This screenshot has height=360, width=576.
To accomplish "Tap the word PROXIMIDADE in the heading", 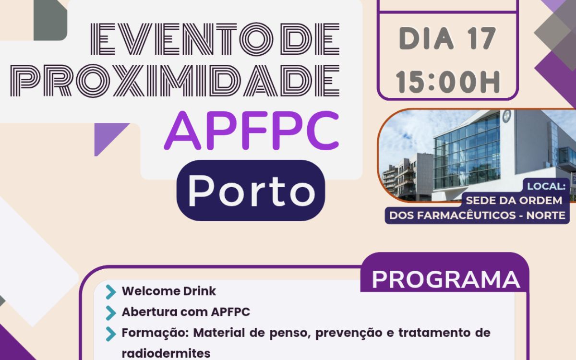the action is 175,81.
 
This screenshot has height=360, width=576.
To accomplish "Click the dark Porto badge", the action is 251,190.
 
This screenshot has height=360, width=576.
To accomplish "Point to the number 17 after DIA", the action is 481,38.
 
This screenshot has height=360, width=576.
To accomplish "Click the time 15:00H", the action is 448,82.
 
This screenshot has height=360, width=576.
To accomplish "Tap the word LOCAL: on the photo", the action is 546,186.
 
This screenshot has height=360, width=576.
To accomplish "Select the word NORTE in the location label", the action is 546,216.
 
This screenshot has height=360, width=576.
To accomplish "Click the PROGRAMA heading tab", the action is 445,279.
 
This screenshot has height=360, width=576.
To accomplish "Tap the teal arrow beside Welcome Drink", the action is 111,292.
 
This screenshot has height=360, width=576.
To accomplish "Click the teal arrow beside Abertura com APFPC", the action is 111,312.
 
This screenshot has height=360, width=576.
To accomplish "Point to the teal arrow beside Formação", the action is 111,334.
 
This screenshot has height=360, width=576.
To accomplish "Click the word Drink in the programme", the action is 199,291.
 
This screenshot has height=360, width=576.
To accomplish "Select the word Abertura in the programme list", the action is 149,312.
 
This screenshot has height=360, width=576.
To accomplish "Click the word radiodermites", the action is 166,353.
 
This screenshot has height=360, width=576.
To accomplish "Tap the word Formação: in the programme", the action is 156,333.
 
